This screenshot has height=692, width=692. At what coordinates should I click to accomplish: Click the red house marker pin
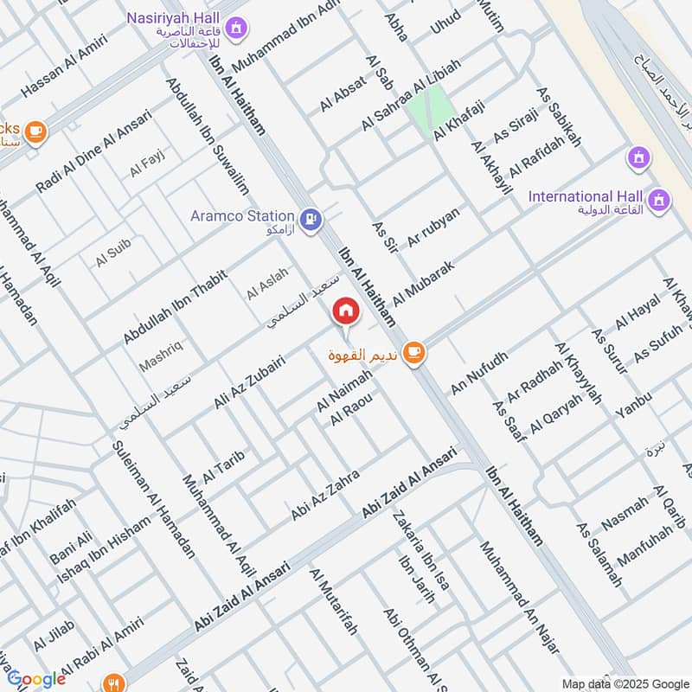click(346, 311)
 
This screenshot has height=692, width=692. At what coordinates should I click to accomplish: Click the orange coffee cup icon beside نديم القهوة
click(414, 351)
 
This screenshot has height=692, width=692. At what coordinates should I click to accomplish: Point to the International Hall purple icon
click(661, 200)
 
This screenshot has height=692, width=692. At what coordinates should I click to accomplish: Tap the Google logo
click(36, 679)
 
